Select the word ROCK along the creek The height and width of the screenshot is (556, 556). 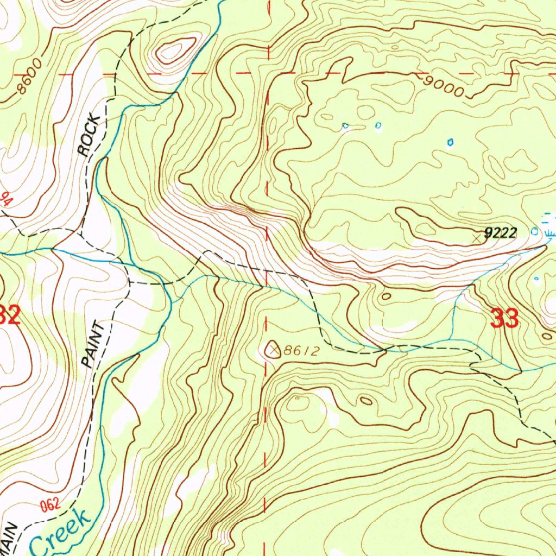[90, 136]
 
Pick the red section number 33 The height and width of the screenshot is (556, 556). [504, 319]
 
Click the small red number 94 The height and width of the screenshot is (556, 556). [7, 199]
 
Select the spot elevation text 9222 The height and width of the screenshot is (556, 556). [500, 233]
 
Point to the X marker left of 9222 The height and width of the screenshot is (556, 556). [477, 237]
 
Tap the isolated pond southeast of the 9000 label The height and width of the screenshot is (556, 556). [450, 142]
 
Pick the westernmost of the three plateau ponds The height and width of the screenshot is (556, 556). [345, 126]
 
